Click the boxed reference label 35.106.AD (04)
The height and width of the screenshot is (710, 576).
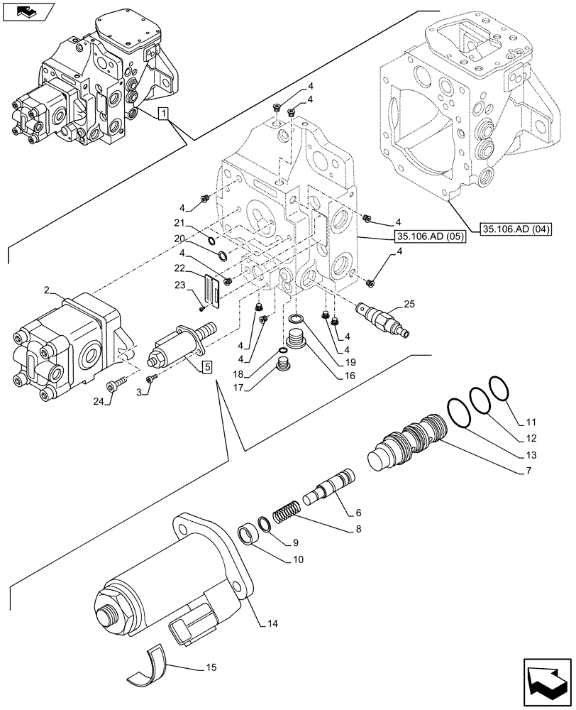point(517,229)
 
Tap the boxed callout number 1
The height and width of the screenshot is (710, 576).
point(163,114)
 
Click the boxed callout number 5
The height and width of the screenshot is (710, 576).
point(206,366)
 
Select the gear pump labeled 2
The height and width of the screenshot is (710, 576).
point(67,344)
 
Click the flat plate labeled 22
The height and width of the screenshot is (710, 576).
point(213,290)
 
